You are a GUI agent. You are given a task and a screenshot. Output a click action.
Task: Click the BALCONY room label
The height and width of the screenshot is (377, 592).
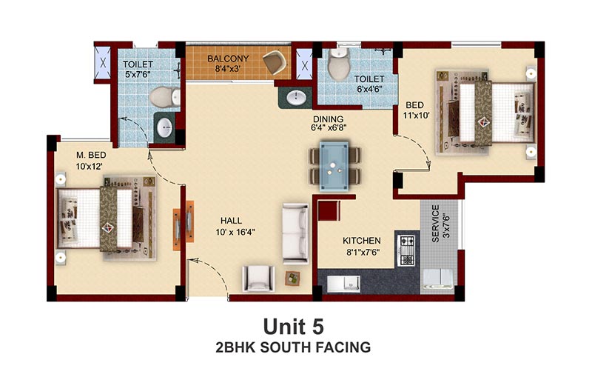[228, 59]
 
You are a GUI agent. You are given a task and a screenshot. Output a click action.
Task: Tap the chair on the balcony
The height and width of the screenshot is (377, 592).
[275, 62]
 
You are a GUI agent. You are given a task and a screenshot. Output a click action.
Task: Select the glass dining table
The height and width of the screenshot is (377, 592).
[334, 166]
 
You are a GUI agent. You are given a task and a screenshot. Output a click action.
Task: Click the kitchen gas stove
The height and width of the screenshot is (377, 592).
[406, 250]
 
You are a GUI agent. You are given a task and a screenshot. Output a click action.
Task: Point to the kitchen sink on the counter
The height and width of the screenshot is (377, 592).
[343, 283]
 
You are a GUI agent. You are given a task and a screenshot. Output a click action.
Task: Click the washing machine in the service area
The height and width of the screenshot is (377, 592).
[437, 278]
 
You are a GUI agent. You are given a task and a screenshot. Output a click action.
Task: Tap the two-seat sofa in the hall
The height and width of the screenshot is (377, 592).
[295, 233]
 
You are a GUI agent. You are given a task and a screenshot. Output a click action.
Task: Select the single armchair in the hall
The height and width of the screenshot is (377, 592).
[258, 278]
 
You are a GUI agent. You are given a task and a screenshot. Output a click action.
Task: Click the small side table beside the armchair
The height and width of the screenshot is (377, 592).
[292, 278]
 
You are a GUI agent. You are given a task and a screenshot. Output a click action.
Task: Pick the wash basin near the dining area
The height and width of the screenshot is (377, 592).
[297, 98]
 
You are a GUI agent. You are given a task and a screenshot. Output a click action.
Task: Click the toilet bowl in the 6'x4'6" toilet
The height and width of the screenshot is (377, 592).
[339, 64]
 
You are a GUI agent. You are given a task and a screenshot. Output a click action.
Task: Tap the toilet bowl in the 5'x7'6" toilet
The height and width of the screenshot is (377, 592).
[165, 97]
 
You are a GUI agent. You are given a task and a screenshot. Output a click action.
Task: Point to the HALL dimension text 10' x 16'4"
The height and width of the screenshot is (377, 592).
[235, 232]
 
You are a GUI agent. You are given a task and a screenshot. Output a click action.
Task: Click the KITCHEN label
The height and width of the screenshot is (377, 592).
[362, 241]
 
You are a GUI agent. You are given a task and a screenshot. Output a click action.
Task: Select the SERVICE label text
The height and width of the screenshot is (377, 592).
[435, 223]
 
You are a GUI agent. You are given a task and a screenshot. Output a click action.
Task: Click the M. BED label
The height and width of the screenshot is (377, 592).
[91, 155]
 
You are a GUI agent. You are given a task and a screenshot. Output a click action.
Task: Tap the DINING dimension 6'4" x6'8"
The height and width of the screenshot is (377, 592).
[329, 128]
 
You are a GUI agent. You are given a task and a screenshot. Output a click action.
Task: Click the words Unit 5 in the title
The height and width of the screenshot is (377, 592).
[293, 327]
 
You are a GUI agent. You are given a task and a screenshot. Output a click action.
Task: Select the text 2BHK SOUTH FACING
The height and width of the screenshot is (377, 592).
[293, 347]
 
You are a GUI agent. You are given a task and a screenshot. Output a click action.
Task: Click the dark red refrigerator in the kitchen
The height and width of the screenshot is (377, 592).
[329, 210]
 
